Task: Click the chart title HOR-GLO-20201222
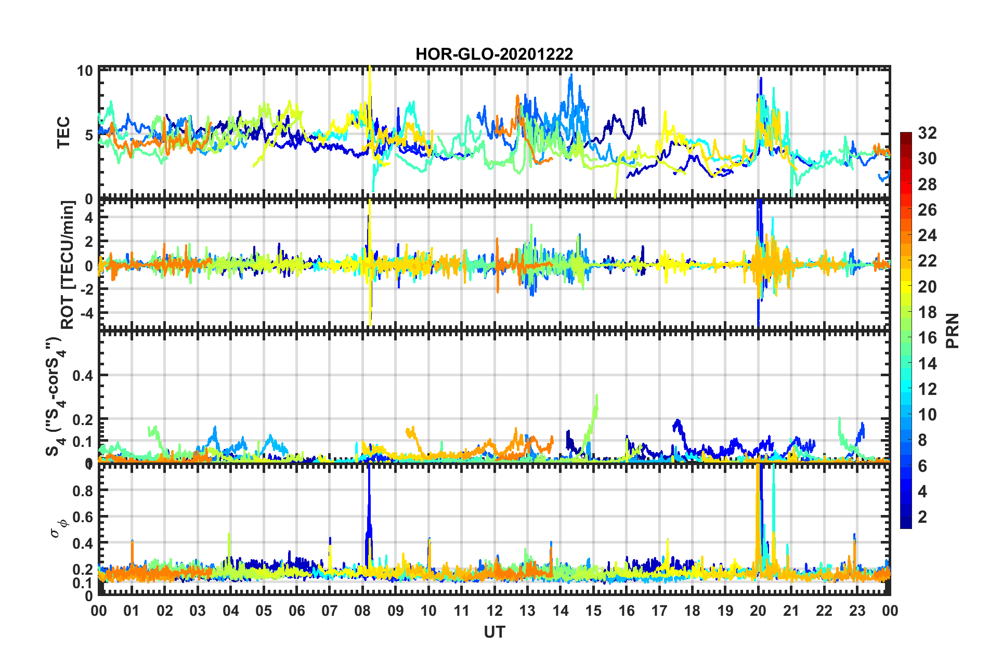494,54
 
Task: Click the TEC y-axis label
63,133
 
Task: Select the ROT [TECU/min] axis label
68,265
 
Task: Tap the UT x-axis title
494,632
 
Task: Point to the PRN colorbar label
953,330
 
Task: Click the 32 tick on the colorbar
927,133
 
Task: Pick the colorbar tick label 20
927,286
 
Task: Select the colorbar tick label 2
923,517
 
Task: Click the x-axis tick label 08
362,611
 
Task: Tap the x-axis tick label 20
758,611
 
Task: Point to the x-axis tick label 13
527,611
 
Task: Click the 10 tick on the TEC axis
85,71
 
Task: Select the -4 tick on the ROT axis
85,313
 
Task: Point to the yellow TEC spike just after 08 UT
370,73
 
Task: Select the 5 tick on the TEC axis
88,135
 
